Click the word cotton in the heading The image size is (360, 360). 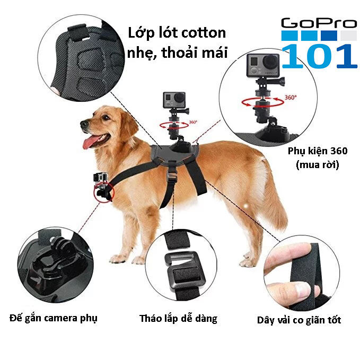[x=204, y=33]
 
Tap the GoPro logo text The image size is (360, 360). [x=319, y=23]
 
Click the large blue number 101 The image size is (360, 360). [x=319, y=56]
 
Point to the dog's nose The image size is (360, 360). [x=84, y=124]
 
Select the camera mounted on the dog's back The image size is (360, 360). [x=174, y=100]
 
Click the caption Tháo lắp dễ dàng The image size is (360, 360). [x=178, y=319]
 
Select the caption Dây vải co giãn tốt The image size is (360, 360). [x=299, y=320]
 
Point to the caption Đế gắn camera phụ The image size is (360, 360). [x=54, y=318]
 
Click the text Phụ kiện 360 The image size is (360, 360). [x=318, y=151]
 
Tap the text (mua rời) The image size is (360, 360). [x=317, y=164]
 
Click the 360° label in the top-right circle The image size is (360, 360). [x=291, y=98]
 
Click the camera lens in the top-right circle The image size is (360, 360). [x=270, y=62]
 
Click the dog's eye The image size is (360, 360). [x=106, y=117]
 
